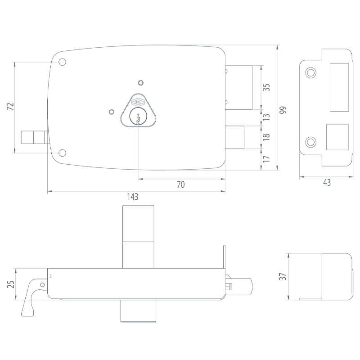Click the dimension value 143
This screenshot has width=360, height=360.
click(x=133, y=197)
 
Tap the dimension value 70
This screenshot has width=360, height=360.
click(x=181, y=184)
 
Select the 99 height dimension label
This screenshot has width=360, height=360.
click(x=283, y=110)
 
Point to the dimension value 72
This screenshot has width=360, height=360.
click(x=10, y=106)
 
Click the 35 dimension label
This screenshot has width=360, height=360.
click(x=266, y=87)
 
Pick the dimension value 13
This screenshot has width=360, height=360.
click(x=266, y=117)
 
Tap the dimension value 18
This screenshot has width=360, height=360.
click(x=266, y=137)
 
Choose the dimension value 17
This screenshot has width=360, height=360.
click(x=266, y=159)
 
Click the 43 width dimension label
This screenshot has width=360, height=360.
click(x=327, y=183)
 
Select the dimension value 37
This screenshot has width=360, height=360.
click(x=283, y=276)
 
